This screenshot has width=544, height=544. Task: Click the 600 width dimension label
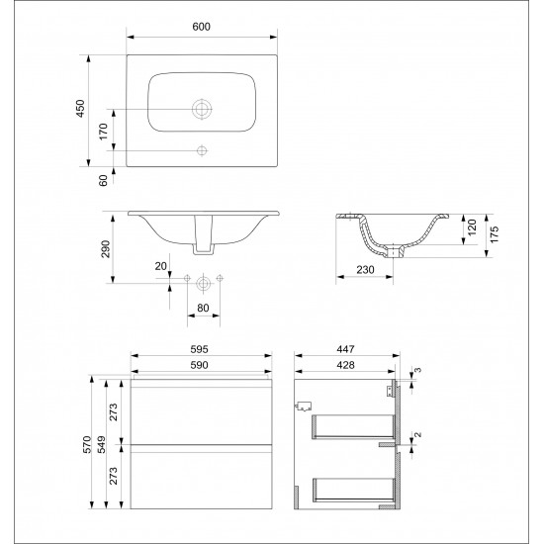point(201,27)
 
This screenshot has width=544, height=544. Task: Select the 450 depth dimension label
point(80,108)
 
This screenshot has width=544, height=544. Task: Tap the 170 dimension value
point(104,132)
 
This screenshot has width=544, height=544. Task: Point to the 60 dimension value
point(104,180)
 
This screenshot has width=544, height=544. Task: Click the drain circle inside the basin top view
point(202,109)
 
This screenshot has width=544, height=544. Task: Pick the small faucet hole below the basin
point(202,150)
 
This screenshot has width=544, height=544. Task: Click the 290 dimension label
point(105,248)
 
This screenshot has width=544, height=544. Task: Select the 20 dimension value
point(160,266)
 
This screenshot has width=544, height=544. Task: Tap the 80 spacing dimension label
point(203,308)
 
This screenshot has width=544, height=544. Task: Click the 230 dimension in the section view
point(365,270)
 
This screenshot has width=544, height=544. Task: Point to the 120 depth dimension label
point(472,227)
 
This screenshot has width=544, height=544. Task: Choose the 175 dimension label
point(495,234)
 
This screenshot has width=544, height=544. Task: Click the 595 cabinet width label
point(200,349)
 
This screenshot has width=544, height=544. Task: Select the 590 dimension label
point(200,365)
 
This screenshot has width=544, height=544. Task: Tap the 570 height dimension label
point(87,444)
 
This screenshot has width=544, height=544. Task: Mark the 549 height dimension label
point(102,444)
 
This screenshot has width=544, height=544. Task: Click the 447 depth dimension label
point(345,349)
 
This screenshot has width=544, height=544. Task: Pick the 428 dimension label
point(345,365)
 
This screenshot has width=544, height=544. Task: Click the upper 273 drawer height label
point(114,411)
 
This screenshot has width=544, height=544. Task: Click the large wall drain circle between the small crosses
point(204,284)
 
